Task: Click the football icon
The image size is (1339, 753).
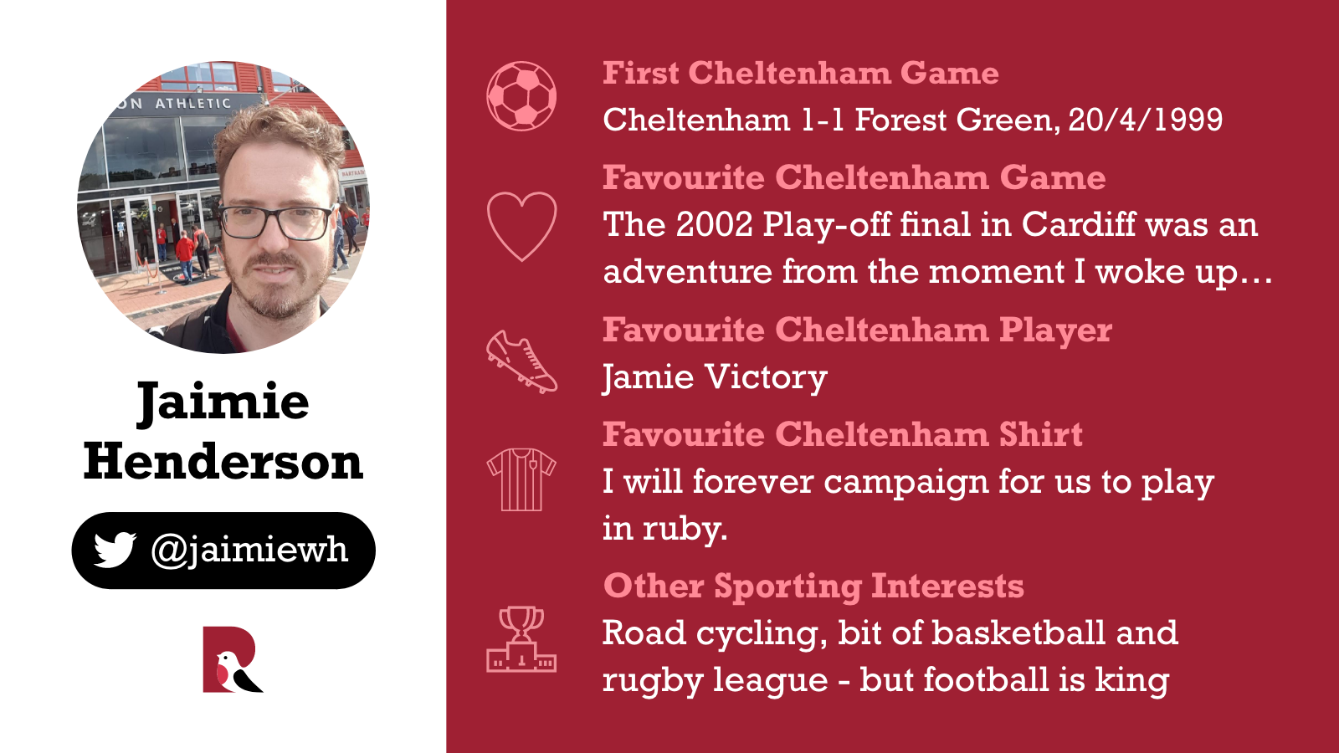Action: (x=521, y=96)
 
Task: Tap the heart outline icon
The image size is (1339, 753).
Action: (x=521, y=227)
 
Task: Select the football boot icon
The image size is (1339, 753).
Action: (x=521, y=362)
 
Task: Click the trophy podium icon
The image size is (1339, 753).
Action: (x=521, y=639)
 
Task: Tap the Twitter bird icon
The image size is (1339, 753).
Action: (x=115, y=550)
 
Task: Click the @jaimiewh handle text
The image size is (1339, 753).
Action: (x=249, y=551)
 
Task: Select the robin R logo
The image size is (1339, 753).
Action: (x=233, y=660)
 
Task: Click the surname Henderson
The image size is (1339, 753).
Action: (x=223, y=462)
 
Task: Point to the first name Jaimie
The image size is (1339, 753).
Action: (x=223, y=402)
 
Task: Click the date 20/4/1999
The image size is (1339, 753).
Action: (x=1146, y=120)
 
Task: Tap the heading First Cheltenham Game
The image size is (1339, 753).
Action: (x=801, y=74)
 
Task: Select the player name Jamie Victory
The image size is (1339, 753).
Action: (x=715, y=378)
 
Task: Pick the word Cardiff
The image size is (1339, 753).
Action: (x=1079, y=224)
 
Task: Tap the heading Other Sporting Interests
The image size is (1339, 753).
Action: (x=813, y=587)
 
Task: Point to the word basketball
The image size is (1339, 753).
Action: (x=1018, y=633)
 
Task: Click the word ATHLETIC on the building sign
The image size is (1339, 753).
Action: (x=193, y=104)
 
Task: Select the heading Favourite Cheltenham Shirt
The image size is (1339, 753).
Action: (x=842, y=434)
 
